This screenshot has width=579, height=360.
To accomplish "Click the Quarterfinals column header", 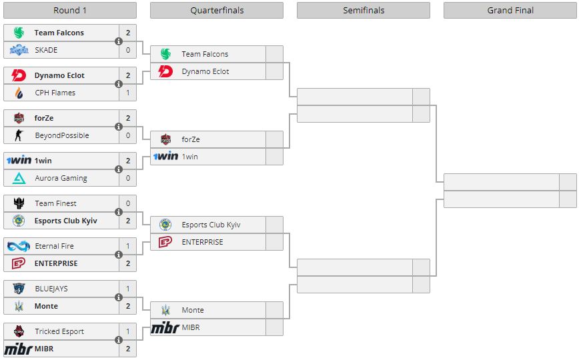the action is [217, 11].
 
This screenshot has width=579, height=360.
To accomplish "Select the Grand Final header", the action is [510, 11].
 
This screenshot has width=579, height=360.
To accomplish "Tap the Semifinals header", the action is [364, 11].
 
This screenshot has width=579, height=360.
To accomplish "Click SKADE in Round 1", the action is [46, 50].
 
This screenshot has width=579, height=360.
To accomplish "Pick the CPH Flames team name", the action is [55, 93].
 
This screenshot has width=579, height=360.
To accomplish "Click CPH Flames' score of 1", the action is [128, 93].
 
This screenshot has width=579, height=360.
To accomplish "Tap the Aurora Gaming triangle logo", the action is [19, 178].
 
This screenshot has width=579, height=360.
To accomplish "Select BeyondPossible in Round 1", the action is [62, 135].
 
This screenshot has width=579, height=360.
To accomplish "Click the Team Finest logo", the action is [19, 203].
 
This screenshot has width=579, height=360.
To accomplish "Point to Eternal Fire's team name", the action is [54, 246].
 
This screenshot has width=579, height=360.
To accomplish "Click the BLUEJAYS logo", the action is [19, 289].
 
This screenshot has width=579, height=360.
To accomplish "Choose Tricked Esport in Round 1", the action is [59, 331].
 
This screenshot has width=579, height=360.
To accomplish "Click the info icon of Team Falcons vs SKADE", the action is [119, 41].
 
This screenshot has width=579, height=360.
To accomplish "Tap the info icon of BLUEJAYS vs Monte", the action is [119, 297].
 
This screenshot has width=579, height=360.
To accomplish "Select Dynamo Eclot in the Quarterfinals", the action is [205, 71].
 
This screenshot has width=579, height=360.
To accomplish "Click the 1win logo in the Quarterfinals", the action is [166, 156].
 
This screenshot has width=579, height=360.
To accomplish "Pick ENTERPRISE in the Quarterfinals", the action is [202, 242].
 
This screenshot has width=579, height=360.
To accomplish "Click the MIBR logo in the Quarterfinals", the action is [165, 327].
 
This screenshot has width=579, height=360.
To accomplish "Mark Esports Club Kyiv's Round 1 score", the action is [128, 221].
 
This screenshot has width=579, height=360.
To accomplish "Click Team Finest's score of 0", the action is [128, 203].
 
